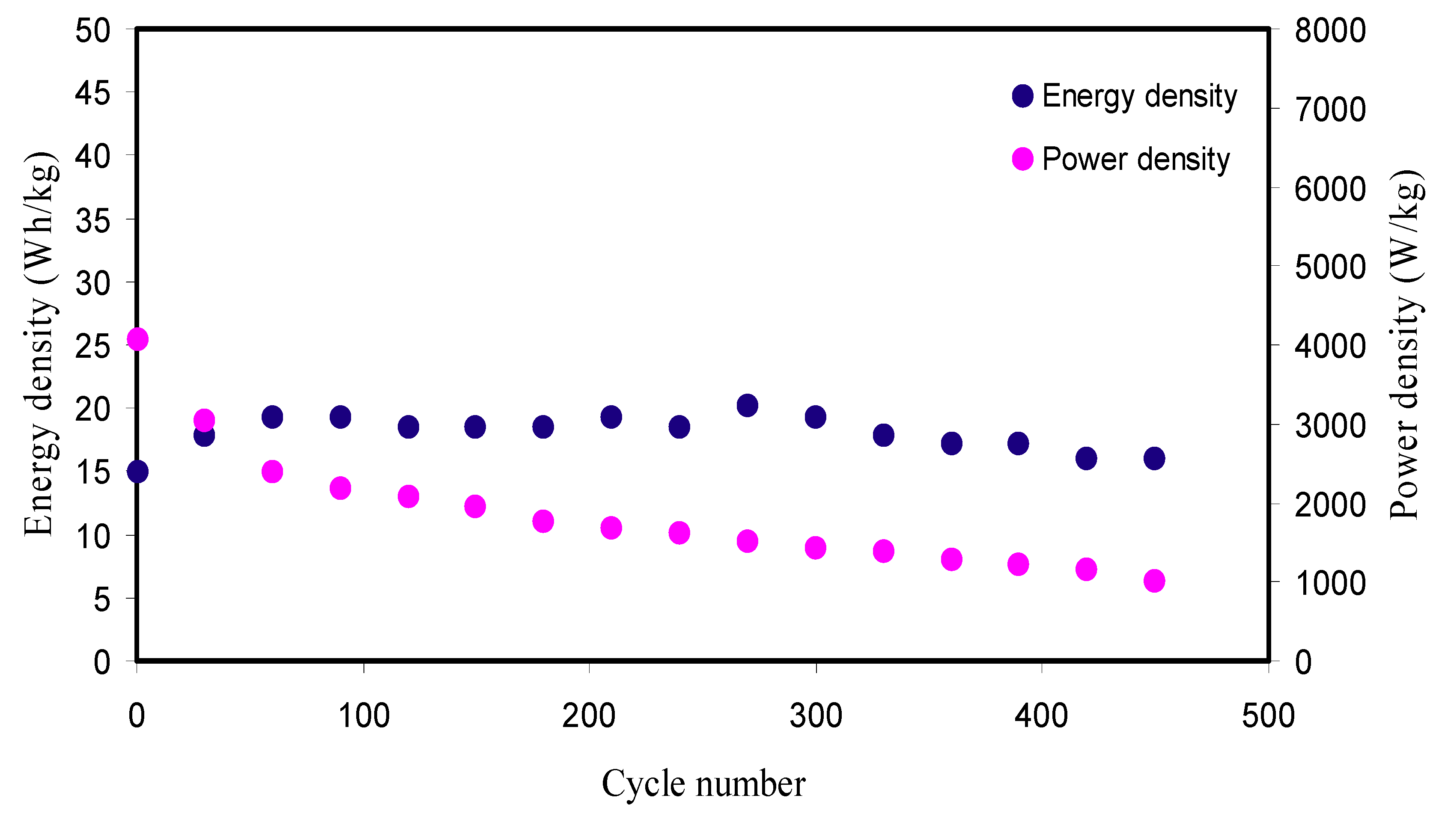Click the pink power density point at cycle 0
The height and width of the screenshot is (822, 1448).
click(137, 339)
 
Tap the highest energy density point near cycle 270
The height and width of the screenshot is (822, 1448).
click(747, 405)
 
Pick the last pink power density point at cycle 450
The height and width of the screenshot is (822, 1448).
click(1154, 580)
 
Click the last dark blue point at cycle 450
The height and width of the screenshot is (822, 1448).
click(1154, 458)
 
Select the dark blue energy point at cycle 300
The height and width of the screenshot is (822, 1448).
click(815, 417)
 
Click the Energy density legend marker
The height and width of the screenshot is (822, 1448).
click(1022, 96)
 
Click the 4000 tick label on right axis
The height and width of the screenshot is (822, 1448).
click(1330, 346)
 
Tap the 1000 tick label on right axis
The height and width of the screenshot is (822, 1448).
click(1330, 583)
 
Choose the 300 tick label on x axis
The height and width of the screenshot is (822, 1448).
click(816, 716)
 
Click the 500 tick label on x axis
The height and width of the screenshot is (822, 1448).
click(1268, 716)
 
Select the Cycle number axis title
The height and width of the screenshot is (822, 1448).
click(703, 783)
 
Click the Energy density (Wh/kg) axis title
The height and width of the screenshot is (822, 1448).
click(41, 344)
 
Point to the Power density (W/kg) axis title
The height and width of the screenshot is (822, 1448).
click(1406, 344)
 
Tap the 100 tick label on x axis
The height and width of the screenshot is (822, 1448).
click(363, 716)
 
